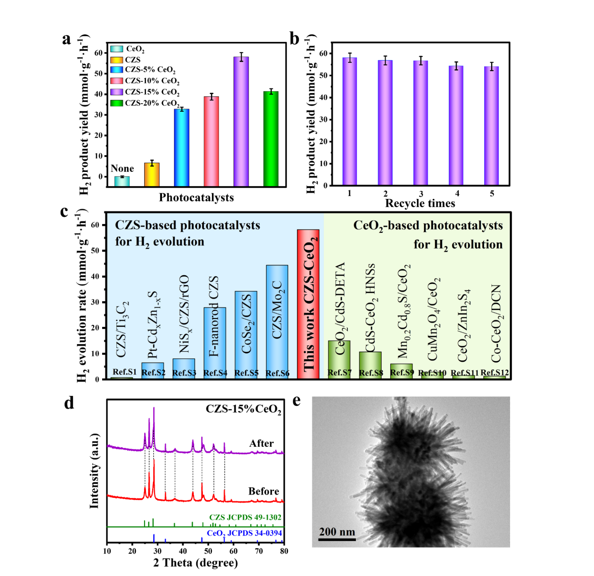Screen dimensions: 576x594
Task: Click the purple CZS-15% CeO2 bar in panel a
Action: (x=241, y=122)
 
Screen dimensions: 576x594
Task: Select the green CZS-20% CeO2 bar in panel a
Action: (x=271, y=139)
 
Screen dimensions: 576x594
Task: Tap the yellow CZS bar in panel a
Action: (x=152, y=175)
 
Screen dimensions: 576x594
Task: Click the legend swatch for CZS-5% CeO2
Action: (x=117, y=70)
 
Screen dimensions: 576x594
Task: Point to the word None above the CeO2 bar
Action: (x=122, y=168)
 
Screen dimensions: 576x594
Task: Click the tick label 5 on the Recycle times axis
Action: (x=492, y=194)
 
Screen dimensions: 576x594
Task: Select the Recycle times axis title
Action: (x=420, y=204)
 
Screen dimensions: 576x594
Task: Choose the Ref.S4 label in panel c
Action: (x=215, y=373)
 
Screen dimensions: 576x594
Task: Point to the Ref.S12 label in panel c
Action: (x=494, y=372)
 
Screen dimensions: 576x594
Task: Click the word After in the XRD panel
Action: (x=262, y=443)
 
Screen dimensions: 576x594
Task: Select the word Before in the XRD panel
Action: (x=263, y=491)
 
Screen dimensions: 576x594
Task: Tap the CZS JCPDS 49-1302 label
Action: (x=245, y=517)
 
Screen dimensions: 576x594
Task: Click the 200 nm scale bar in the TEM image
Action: (x=337, y=539)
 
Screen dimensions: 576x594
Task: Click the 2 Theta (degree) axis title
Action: (x=196, y=563)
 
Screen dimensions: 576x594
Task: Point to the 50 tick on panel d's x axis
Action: (x=208, y=551)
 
